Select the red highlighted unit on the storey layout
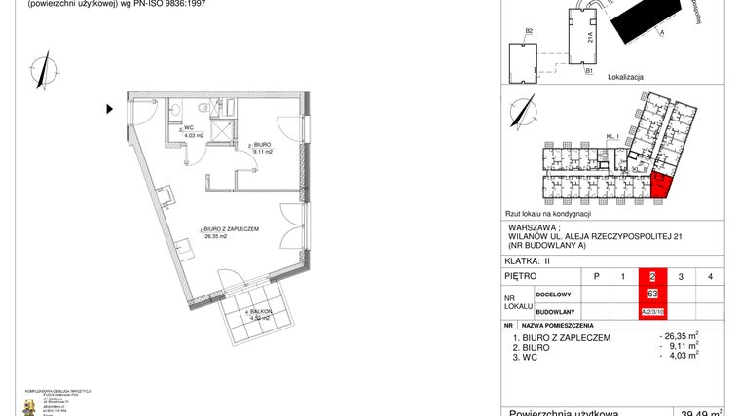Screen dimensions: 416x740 point(659,184)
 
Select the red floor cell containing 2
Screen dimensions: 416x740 point(652,277)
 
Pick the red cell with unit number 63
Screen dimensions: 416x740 point(652,294)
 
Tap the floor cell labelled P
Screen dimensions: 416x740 point(596,277)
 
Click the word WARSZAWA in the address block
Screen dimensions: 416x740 point(533,230)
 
